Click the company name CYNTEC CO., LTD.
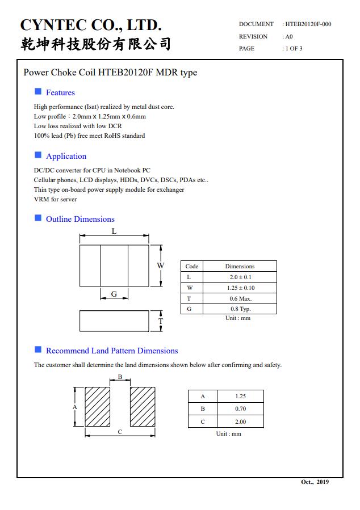(x=91, y=25)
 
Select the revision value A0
(x=288, y=36)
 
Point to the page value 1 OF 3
(x=294, y=48)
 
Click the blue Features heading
(x=60, y=92)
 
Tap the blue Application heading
(x=66, y=156)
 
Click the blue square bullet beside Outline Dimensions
(x=38, y=218)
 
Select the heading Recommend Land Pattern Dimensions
(x=112, y=351)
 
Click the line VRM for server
(x=56, y=199)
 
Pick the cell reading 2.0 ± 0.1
(x=240, y=277)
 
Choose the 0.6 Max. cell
(x=240, y=298)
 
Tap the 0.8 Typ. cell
(x=240, y=309)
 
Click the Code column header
(x=192, y=266)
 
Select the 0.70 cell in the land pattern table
(x=241, y=408)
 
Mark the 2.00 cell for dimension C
(x=241, y=422)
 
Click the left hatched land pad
(x=97, y=406)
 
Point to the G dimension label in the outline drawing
(x=114, y=294)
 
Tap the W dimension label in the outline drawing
(x=161, y=265)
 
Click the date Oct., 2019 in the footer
(x=315, y=482)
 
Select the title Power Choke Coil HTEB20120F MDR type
(x=110, y=73)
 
